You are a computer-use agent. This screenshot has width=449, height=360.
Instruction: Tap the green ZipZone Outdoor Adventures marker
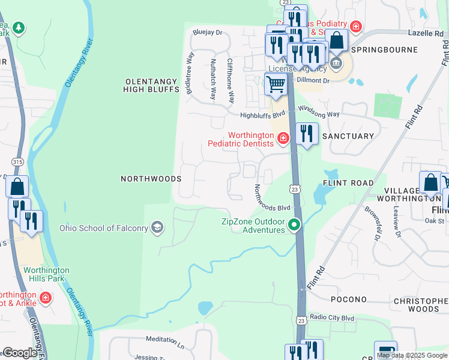(294, 225)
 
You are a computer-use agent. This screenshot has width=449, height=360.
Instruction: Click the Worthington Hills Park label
(46, 274)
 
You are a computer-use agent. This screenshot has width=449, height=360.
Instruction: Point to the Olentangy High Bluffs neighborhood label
(151, 85)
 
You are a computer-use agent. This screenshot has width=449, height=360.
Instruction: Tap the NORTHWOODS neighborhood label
(151, 179)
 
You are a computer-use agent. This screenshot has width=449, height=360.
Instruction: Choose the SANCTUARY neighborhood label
(348, 136)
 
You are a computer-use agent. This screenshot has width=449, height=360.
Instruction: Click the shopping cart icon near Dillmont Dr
(276, 85)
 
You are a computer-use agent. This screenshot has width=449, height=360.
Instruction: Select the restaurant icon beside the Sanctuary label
(307, 134)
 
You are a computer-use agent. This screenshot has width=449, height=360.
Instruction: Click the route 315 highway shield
(17, 162)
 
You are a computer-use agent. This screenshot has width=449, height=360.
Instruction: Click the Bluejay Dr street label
(207, 32)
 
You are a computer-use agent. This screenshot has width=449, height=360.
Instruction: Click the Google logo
(19, 352)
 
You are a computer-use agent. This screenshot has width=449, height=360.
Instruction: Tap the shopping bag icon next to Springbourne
(337, 40)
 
